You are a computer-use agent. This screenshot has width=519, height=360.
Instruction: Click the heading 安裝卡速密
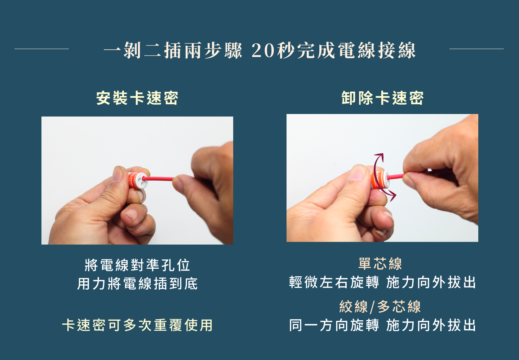click(x=137, y=98)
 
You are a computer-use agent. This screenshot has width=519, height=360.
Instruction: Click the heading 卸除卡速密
click(x=382, y=98)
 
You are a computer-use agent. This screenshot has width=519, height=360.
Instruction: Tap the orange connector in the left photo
click(x=138, y=180)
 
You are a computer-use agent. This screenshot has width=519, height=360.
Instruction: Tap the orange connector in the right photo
click(x=380, y=180)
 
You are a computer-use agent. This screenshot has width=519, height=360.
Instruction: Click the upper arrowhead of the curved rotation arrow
click(x=380, y=157)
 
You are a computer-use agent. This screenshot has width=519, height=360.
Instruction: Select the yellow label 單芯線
click(x=380, y=264)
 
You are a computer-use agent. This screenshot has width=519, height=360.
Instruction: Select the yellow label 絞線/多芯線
click(x=380, y=307)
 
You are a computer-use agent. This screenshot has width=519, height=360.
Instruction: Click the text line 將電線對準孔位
click(x=137, y=265)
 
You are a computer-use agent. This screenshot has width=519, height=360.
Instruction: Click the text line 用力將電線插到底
click(x=137, y=284)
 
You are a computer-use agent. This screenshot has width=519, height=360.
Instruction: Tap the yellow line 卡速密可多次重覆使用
click(x=137, y=325)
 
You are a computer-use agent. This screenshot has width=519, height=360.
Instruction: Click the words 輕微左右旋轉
click(x=334, y=282)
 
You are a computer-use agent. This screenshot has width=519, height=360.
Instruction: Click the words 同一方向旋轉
click(x=334, y=325)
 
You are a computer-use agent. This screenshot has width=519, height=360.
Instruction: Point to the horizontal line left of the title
click(x=42, y=49)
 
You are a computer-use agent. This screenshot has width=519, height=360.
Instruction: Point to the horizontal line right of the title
click(x=476, y=49)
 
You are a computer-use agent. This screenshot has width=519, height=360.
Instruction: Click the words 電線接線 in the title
click(x=377, y=51)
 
